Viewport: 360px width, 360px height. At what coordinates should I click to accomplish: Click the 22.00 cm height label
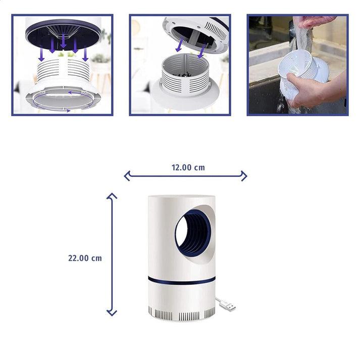pyautogui.click(x=85, y=258)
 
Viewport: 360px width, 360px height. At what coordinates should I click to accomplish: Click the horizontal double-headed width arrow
pyautogui.click(x=185, y=176)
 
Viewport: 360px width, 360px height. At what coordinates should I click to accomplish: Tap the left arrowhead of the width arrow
pyautogui.click(x=127, y=176)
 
